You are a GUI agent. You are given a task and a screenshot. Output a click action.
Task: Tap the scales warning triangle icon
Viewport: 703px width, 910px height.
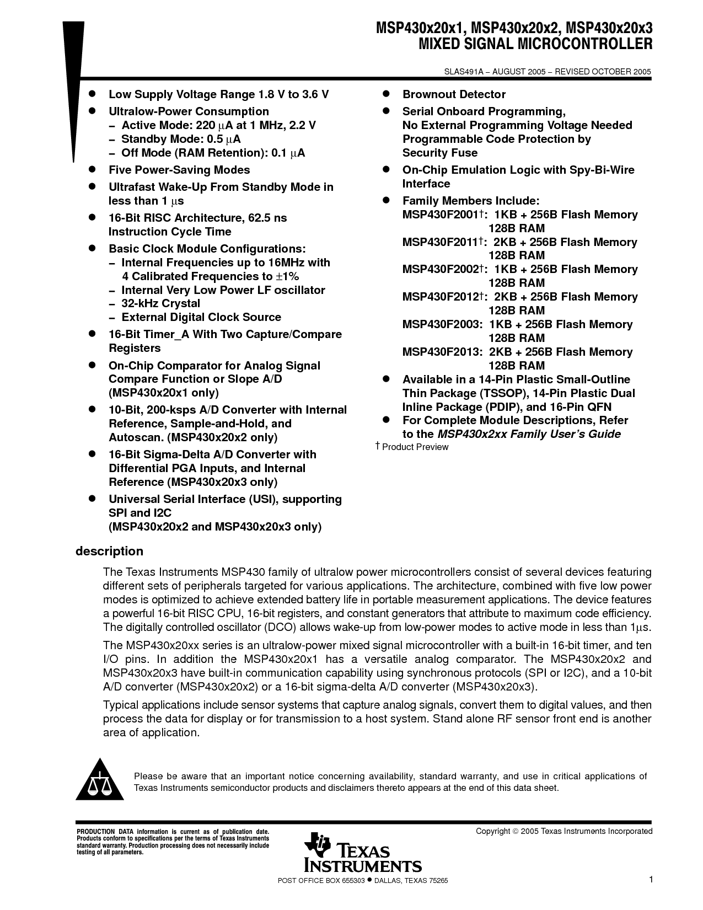point(99,781)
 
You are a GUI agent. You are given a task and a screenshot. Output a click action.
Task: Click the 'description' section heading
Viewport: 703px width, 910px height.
point(109,552)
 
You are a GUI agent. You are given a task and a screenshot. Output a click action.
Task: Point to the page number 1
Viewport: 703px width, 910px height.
point(651,880)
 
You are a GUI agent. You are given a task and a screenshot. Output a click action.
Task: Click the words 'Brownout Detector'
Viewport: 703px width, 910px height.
point(454,94)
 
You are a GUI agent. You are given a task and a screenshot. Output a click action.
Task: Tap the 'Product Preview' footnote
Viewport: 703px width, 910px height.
point(415,447)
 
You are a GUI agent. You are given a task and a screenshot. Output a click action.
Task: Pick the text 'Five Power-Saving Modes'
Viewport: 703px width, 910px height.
point(179,170)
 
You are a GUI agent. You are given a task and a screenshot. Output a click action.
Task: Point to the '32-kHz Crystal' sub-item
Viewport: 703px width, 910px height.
point(160,303)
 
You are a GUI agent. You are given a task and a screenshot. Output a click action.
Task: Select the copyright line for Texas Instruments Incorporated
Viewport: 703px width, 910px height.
point(564,831)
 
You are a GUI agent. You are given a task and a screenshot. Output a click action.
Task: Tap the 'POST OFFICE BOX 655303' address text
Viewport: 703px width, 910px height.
point(320,881)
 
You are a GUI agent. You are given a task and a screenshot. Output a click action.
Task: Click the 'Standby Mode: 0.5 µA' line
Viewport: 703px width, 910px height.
point(181,139)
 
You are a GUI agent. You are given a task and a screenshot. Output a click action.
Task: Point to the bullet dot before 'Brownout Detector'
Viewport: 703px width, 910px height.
point(387,94)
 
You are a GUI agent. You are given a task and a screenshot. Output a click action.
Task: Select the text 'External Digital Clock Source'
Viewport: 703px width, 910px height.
point(201,317)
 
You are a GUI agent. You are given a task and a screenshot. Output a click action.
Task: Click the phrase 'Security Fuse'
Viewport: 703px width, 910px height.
point(439,153)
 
